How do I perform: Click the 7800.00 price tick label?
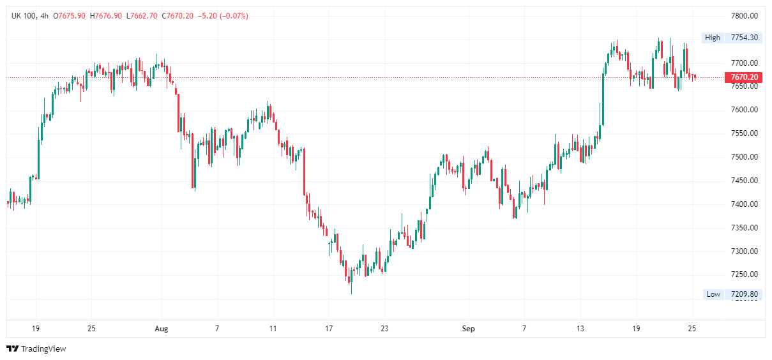744,16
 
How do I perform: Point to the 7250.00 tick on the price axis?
744,274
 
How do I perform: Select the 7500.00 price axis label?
744,157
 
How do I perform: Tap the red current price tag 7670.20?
744,78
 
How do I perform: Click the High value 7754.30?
745,38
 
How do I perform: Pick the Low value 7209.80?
745,294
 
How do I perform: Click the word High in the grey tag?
713,38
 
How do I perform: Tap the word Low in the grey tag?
713,294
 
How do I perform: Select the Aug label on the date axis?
162,329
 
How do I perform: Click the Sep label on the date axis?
469,329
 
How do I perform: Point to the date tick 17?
329,329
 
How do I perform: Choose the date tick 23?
384,329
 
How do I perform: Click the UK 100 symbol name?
24,15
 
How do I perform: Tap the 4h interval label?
44,15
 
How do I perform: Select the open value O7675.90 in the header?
71,15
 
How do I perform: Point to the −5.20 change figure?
206,15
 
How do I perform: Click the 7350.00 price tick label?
744,228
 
